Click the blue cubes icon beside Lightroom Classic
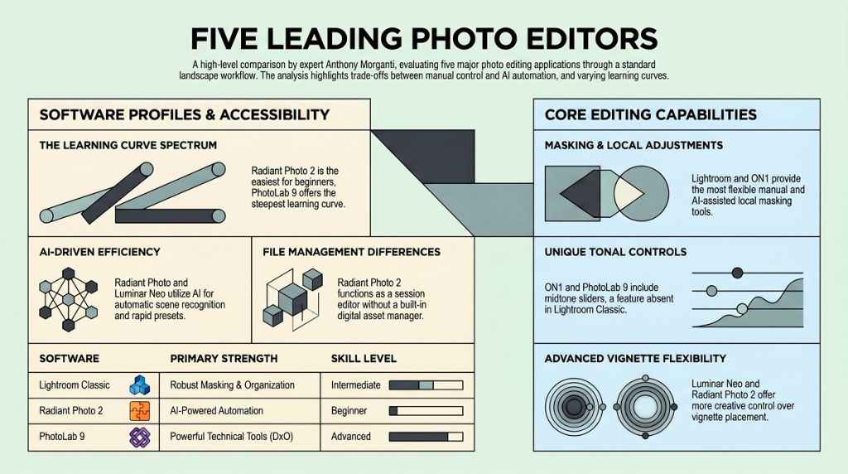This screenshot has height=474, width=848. [x=139, y=385]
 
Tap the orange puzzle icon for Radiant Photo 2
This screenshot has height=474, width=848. [x=139, y=411]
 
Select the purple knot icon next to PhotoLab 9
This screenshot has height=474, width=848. [x=139, y=437]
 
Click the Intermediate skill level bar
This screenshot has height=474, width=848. [x=426, y=385]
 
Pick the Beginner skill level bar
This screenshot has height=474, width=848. [x=426, y=411]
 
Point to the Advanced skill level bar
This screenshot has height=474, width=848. [x=426, y=437]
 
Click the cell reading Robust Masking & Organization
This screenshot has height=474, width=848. [x=232, y=385]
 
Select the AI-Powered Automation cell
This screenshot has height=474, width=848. [x=216, y=411]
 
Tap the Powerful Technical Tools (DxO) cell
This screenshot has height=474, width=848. [x=232, y=437]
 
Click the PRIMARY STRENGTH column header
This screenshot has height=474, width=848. [x=224, y=359]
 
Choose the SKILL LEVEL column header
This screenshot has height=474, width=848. [x=364, y=359]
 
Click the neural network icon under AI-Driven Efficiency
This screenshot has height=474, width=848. [x=68, y=299]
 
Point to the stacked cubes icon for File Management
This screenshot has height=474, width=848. [x=292, y=299]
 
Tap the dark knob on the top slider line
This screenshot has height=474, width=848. [x=737, y=273]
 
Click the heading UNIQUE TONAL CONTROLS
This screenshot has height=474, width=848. [x=615, y=252]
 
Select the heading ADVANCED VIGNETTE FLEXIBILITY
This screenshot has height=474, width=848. [x=635, y=359]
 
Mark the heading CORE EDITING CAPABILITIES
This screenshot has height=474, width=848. [x=651, y=114]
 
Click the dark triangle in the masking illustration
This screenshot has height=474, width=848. [x=581, y=193]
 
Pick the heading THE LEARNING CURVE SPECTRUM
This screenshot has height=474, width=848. [x=128, y=146]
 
